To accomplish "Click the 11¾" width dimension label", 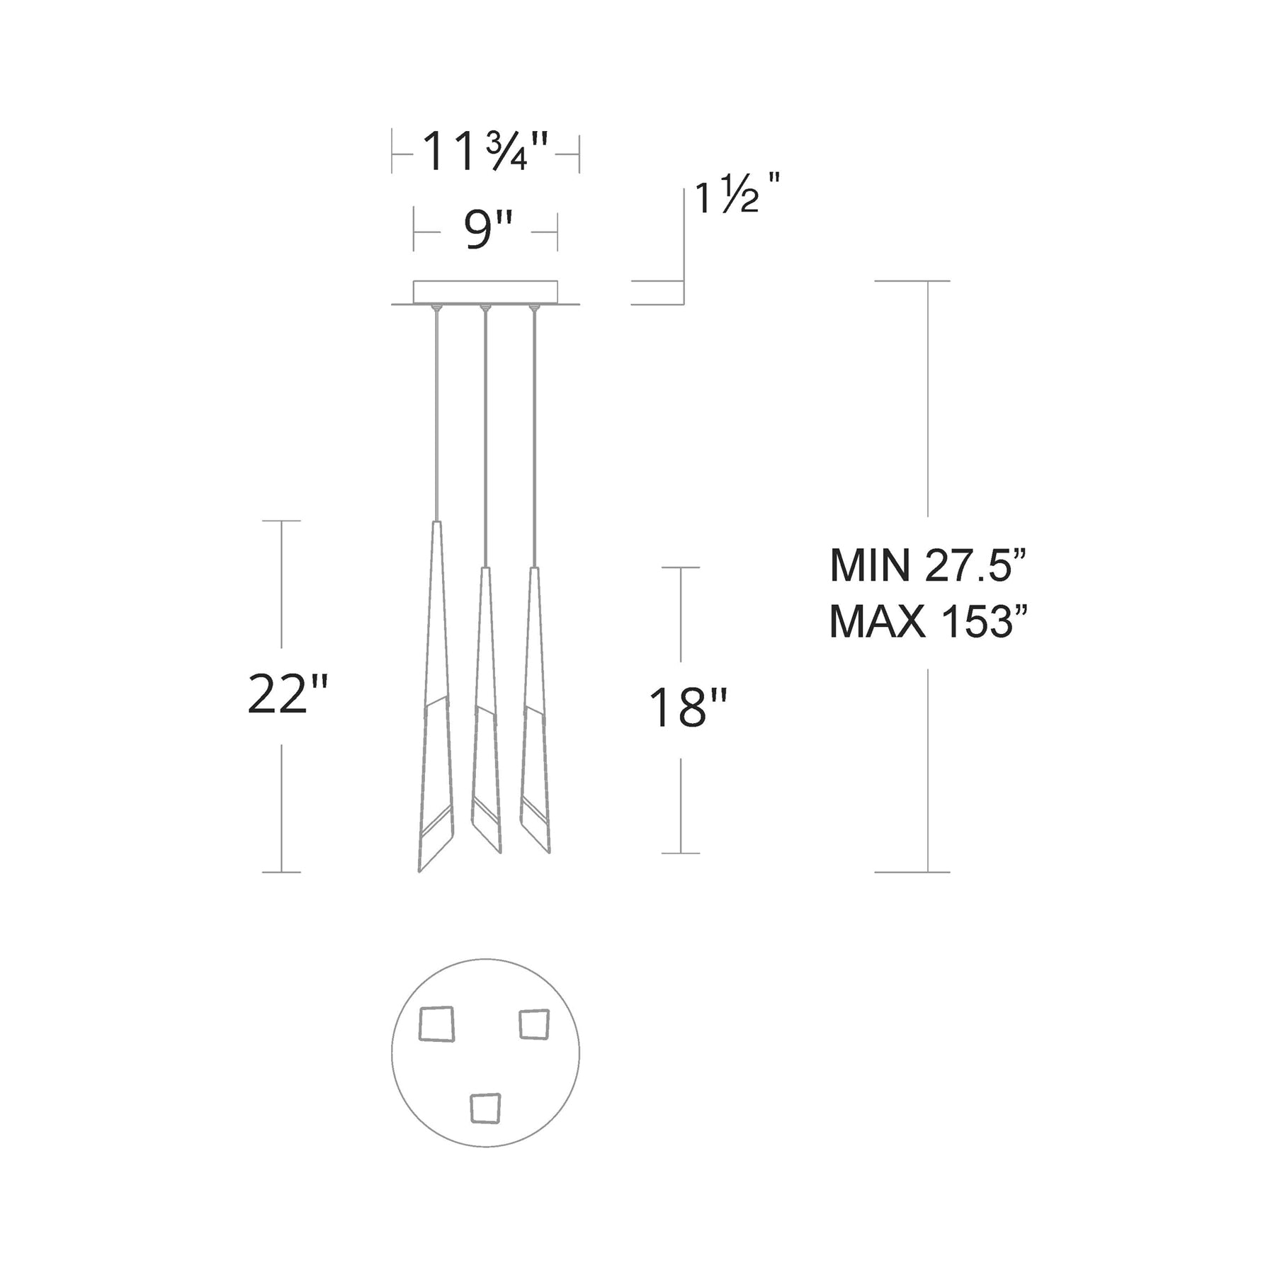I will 485,152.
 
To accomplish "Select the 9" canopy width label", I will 487,230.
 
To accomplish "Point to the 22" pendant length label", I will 288,695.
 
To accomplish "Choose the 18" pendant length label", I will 688,708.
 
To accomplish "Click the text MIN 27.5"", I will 928,566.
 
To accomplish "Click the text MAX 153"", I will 928,622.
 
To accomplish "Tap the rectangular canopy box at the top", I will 485,291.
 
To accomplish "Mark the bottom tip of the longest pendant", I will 420,871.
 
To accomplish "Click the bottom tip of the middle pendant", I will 499,852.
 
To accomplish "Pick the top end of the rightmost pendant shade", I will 535,569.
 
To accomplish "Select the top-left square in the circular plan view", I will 436,1024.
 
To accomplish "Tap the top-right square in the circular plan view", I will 534,1024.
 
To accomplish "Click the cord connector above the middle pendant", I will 485,308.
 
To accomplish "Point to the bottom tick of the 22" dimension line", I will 282,872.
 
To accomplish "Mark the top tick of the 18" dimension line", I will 681,567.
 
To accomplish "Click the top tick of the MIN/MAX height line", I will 912,281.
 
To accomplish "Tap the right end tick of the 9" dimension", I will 557,231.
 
